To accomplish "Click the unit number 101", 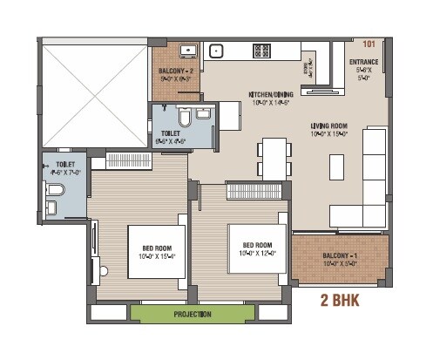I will coord(368,42).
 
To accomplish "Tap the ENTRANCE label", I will coord(363,63).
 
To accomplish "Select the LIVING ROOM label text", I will coord(330,126).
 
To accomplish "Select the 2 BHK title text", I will coord(340,302).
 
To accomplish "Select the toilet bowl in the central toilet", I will coord(184,119).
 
